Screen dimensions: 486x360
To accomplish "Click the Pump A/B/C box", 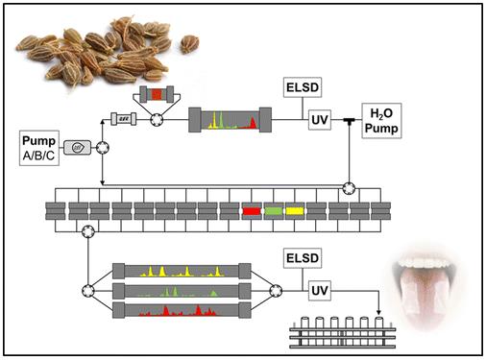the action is coord(39,148).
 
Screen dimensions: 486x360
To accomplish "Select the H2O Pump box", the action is coord(381,121).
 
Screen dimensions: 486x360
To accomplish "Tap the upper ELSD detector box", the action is coord(303,87).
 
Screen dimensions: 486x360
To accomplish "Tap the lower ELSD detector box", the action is coord(303,258).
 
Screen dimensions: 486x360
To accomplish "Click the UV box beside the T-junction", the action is coord(320,120).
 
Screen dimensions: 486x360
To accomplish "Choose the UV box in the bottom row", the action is coord(320,291).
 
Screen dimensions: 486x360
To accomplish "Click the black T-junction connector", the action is coord(349,121).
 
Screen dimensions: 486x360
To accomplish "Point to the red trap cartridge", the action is coord(252,211).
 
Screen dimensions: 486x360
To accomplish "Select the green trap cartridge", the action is coord(273,211).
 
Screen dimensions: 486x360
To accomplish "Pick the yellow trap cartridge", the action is coord(295,211).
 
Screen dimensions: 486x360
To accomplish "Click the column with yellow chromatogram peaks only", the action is coord(182,272).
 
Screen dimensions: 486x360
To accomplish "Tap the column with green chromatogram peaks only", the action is coord(182,291).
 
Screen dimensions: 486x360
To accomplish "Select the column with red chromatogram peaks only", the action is coord(182,310).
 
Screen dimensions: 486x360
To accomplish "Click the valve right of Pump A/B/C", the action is coord(103,148).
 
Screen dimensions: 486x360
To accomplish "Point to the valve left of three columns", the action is coord(88,291).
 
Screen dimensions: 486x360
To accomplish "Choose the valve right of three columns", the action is coord(276,291).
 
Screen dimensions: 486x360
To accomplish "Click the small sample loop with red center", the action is coord(157,94).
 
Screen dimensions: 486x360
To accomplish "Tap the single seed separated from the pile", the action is coord(189,44).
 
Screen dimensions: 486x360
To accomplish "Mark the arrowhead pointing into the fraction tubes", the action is coord(378,312).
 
